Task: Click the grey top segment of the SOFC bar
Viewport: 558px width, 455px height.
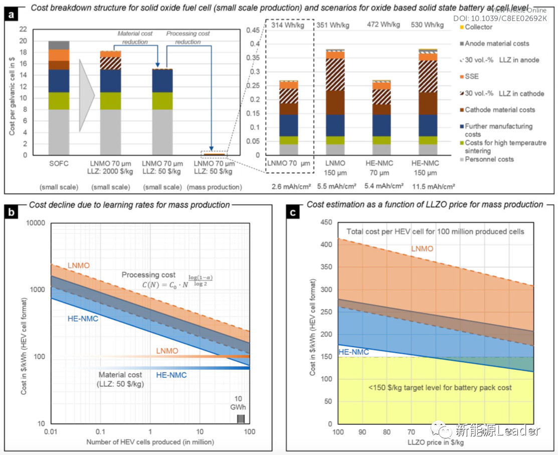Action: (x=59, y=45)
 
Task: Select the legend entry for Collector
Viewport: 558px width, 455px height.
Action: (x=479, y=27)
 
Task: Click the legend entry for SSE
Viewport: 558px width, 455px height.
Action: (x=472, y=77)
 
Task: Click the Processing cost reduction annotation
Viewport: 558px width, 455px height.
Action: (x=188, y=38)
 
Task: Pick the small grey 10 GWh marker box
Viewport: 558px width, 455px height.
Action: (x=241, y=418)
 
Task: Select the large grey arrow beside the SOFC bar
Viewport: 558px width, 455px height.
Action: (x=86, y=95)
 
